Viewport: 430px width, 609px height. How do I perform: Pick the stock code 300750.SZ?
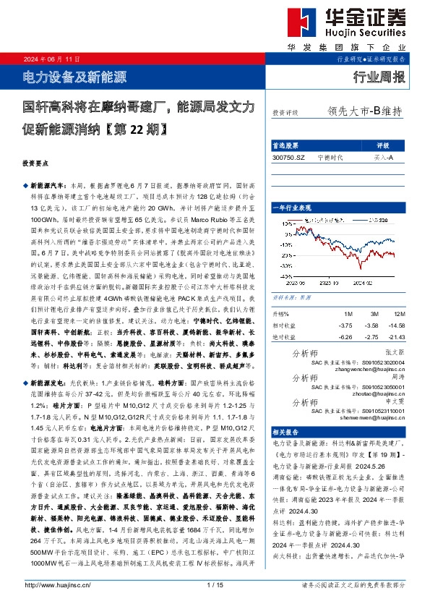point(289,156)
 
